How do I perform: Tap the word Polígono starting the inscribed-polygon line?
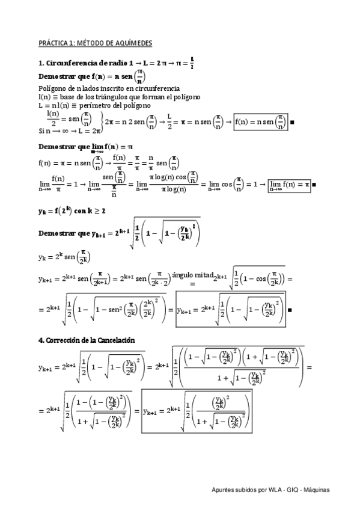point(51,88)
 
